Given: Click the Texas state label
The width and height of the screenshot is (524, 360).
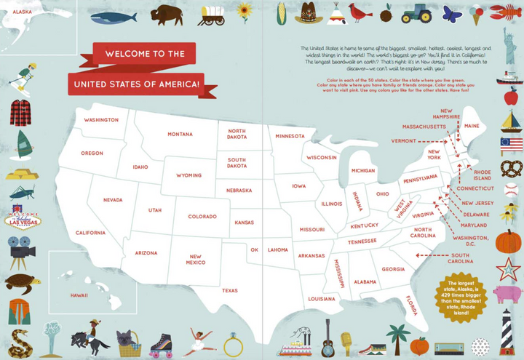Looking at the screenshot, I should pyautogui.click(x=230, y=290).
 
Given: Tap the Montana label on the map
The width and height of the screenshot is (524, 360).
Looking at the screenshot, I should pyautogui.click(x=180, y=135).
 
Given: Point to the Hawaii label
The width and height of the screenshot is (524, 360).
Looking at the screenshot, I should pyautogui.click(x=79, y=295).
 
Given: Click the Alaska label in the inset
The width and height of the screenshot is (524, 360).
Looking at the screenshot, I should pyautogui.click(x=22, y=12).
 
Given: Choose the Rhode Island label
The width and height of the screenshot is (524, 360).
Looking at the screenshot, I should pyautogui.click(x=483, y=175).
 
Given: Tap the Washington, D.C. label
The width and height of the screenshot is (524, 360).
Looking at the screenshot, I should pyautogui.click(x=470, y=241).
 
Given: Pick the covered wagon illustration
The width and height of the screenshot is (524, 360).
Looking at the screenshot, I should pyautogui.click(x=211, y=15).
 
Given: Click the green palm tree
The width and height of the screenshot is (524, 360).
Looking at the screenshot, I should pyautogui.click(x=397, y=338).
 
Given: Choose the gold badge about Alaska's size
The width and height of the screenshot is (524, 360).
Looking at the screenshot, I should pyautogui.click(x=464, y=296).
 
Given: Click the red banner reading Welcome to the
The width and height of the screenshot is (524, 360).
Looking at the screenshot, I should pyautogui.click(x=144, y=54).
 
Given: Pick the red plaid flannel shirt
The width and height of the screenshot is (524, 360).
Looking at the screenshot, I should pyautogui.click(x=20, y=113).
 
